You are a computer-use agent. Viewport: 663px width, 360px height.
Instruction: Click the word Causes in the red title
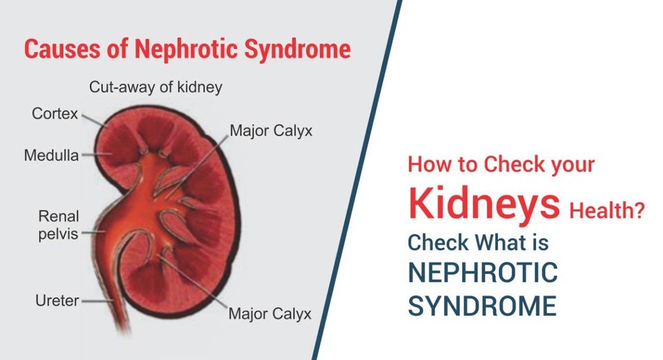click(x=63, y=49)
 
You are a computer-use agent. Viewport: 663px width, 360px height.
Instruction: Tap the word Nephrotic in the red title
click(x=186, y=49)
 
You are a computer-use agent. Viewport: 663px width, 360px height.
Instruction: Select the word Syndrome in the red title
click(x=298, y=49)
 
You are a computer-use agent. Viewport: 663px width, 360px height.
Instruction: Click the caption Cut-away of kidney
click(x=156, y=87)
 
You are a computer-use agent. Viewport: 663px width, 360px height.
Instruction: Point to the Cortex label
click(x=55, y=113)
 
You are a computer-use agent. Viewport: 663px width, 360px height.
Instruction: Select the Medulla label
click(x=51, y=155)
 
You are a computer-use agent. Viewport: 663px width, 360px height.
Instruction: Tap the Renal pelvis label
click(x=59, y=225)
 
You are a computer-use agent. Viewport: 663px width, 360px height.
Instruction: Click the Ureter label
click(x=57, y=300)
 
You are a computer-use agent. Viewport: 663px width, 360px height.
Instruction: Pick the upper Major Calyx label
click(x=271, y=131)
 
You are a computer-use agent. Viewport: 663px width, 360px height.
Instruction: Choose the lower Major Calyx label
click(x=270, y=313)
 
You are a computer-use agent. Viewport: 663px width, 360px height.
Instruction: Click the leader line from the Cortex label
click(x=95, y=120)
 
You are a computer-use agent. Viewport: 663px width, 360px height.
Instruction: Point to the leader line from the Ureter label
click(x=98, y=301)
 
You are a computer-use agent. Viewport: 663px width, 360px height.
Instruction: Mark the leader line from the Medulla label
click(x=97, y=154)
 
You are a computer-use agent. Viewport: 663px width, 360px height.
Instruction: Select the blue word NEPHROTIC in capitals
click(x=483, y=272)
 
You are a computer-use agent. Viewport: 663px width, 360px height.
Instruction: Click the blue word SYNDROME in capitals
click(x=482, y=305)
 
